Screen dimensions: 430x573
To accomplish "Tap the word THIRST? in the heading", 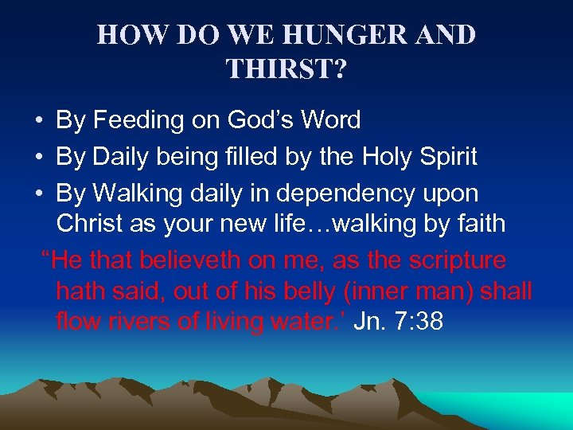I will (286, 69).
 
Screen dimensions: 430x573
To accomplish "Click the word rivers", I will (138, 322).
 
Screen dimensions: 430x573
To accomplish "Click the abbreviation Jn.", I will (366, 322).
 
